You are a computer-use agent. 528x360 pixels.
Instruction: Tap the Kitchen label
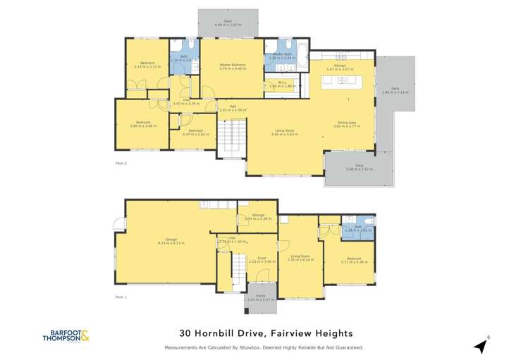point(340,66)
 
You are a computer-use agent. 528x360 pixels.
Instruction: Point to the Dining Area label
point(345,123)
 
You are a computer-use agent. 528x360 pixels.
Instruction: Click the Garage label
point(171,240)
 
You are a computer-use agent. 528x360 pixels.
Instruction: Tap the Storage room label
point(253,216)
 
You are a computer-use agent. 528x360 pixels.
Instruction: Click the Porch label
point(261,297)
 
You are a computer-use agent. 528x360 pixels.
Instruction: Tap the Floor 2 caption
point(121,163)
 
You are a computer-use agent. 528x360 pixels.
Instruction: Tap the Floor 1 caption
point(121,297)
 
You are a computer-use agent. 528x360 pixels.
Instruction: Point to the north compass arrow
point(481,345)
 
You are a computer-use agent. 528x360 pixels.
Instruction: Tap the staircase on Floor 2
point(231,139)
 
